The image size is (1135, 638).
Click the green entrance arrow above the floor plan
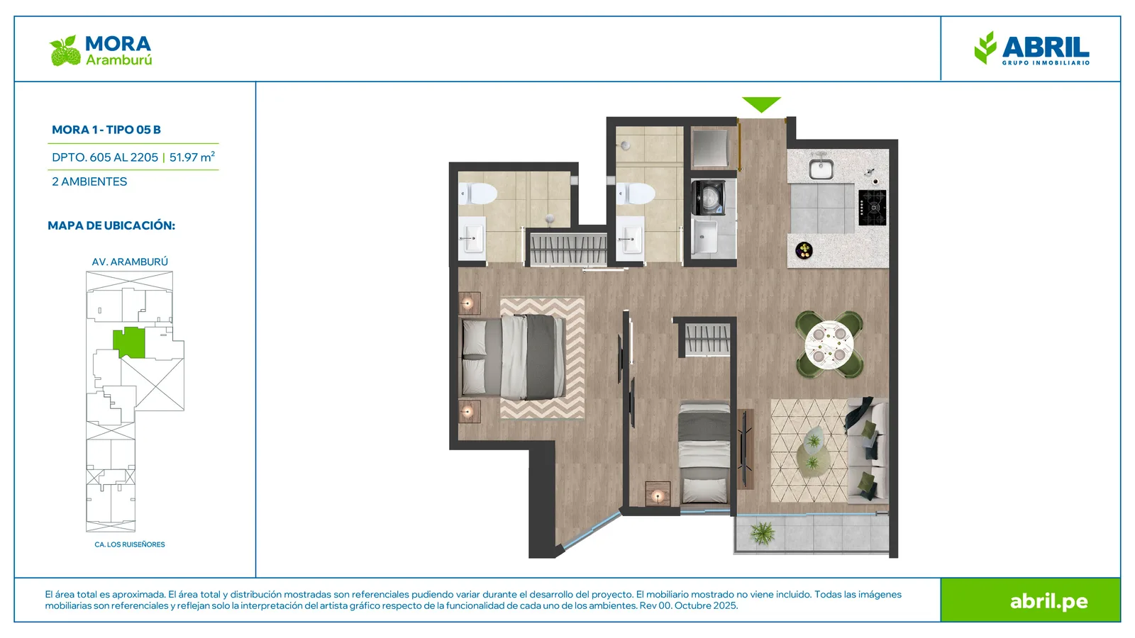(761, 103)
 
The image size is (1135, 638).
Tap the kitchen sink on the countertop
(821, 168)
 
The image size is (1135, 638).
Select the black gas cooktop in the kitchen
(873, 208)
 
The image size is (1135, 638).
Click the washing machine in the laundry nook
(708, 198)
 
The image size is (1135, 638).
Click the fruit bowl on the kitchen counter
(804, 250)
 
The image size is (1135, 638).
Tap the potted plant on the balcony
(763, 532)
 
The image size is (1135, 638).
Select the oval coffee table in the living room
(813, 452)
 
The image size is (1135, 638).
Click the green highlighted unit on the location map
(128, 343)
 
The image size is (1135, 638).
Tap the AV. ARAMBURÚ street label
(130, 262)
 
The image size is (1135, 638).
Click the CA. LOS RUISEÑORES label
(130, 544)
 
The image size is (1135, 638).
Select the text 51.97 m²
(192, 157)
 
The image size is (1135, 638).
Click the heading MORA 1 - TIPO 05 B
(106, 130)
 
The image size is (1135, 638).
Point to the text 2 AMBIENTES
(89, 181)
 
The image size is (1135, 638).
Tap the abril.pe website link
(1049, 601)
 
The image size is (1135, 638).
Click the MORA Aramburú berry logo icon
(65, 50)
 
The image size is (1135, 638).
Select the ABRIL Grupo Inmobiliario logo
(1031, 49)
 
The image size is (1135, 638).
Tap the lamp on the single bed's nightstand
(658, 495)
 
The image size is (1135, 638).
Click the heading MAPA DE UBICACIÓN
(111, 225)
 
